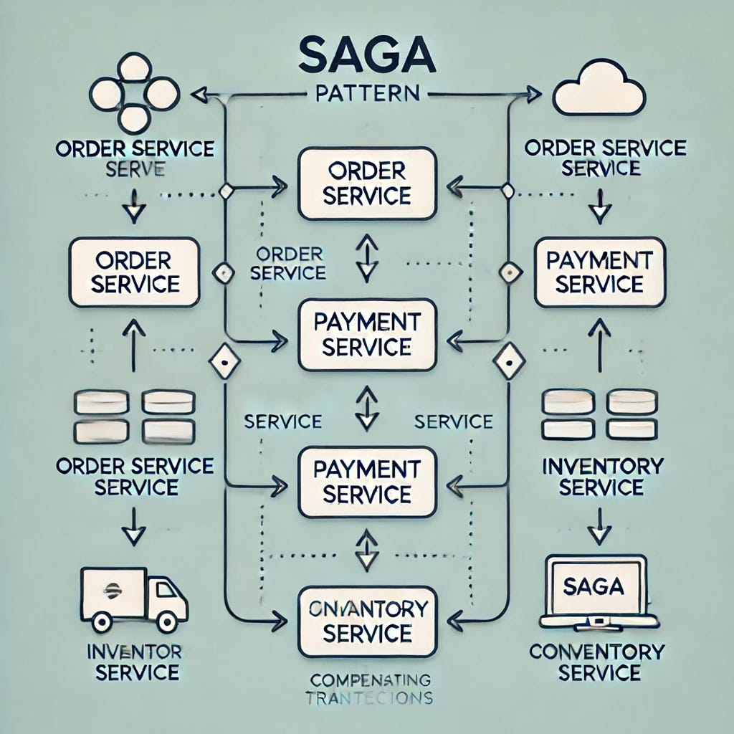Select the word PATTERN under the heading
pos(367,94)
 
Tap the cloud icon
pos(600,92)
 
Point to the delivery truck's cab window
pos(167,593)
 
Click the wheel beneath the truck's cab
pos(167,621)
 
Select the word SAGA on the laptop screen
pos(594,586)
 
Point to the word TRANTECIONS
pos(366,697)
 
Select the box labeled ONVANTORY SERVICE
pos(367,621)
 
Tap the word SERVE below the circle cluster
pos(135,169)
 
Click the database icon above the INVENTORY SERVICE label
pos(599,414)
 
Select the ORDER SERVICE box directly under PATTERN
pos(367,183)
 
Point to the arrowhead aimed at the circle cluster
pos(200,92)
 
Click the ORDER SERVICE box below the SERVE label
pos(135,272)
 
